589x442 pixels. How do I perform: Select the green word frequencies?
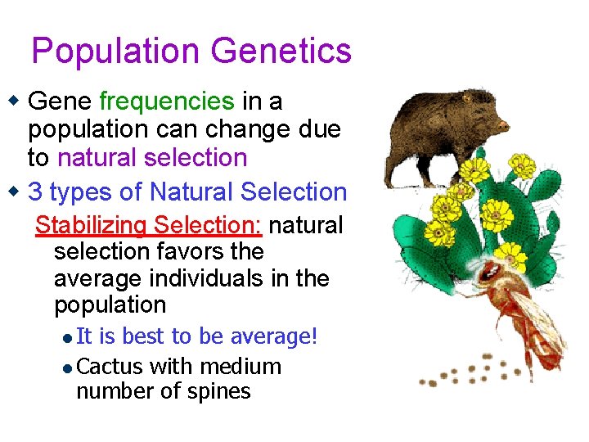click(166, 101)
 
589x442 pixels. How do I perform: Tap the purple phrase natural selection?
click(152, 157)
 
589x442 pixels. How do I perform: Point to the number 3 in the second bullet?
click(35, 192)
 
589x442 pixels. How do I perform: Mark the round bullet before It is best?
click(68, 338)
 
